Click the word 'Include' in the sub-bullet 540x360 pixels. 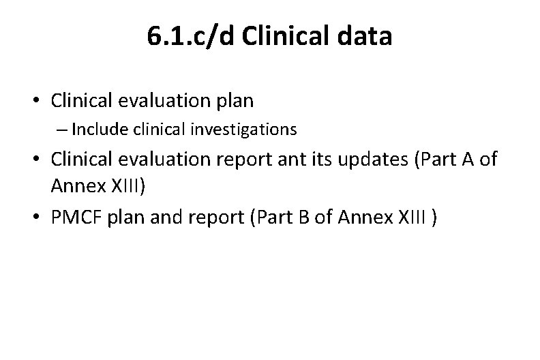[95, 128]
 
